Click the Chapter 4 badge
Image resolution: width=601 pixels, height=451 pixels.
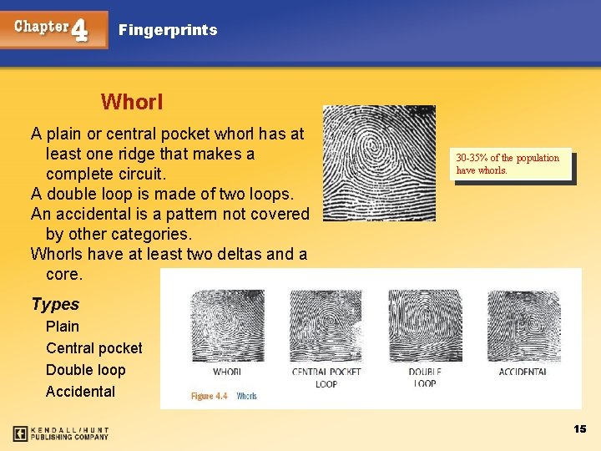tap(54, 29)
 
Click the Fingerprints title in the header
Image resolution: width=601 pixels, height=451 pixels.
tap(168, 30)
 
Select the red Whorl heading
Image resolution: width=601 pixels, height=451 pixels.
tap(132, 103)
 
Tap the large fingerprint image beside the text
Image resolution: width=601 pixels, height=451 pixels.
tap(379, 163)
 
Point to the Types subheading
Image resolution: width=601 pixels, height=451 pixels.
tap(55, 305)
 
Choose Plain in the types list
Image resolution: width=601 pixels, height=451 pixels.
tap(63, 327)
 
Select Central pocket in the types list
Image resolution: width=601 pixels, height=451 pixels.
tap(93, 348)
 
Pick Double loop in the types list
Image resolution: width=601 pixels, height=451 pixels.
tap(85, 370)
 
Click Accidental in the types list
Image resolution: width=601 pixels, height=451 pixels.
tap(80, 392)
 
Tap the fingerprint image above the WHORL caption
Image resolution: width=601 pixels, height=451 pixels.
tap(227, 326)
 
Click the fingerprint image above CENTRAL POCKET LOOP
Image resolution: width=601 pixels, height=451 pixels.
tap(326, 326)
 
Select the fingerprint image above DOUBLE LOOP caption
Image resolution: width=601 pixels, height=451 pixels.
tap(425, 326)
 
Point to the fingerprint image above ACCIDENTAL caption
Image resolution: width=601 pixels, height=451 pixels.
tap(523, 326)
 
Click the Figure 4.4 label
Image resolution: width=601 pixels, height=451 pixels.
tap(210, 397)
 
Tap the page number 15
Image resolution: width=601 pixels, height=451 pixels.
tap(580, 428)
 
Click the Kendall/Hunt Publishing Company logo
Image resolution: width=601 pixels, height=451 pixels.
tap(61, 433)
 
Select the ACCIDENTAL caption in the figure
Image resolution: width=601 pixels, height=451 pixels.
tap(523, 372)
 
